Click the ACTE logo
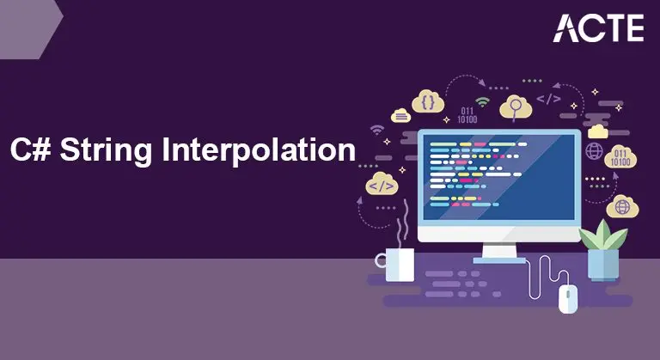(600, 27)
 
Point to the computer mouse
(568, 297)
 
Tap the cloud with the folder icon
(598, 131)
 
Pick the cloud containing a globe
(620, 207)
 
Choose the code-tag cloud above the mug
(382, 182)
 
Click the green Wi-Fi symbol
(482, 103)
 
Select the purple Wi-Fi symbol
(376, 131)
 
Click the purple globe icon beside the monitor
(593, 151)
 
